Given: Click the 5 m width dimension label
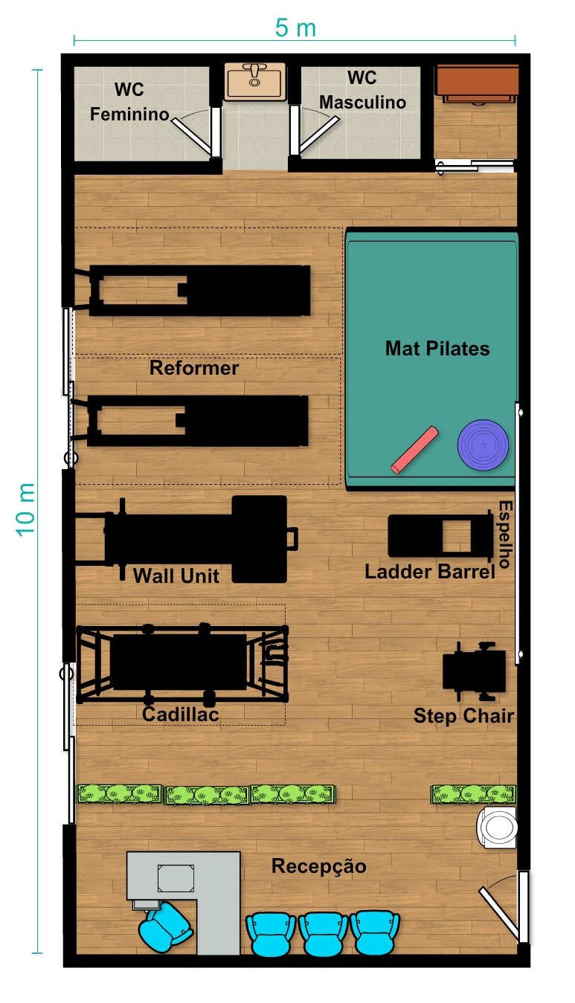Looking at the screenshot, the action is click(x=295, y=28).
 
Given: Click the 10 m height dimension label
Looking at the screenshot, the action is click(x=26, y=509).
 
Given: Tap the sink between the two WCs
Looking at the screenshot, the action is click(x=255, y=81).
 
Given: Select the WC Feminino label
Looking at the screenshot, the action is click(x=129, y=102).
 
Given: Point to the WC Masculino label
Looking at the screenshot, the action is click(x=362, y=90).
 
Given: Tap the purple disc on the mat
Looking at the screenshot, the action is click(x=483, y=445).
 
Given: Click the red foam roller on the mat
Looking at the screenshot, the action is click(x=414, y=450).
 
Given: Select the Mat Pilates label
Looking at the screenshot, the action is click(x=437, y=349).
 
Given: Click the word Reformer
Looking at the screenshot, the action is click(x=194, y=368).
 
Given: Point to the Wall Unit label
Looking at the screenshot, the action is click(x=176, y=575).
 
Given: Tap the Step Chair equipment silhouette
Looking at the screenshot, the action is click(x=475, y=671).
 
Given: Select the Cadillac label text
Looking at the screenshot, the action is click(x=181, y=715).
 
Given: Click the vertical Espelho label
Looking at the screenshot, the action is click(x=505, y=535).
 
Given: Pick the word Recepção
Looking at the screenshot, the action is click(x=319, y=866).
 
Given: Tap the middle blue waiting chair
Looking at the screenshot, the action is click(x=323, y=934).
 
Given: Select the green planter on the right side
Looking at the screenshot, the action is click(x=474, y=794).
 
